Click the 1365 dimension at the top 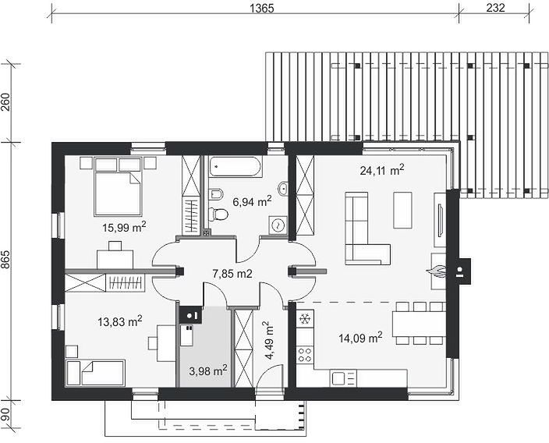coord(262,8)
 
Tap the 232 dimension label coord(495,8)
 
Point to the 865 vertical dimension coord(7,260)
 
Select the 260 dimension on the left coord(7,102)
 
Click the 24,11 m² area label coord(382,170)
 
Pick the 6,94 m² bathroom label coord(252,201)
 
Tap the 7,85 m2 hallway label coord(232,274)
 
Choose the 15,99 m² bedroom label coord(124,227)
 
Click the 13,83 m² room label coord(120,321)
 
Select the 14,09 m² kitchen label coord(360,338)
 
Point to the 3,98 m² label coord(208,370)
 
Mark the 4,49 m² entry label coord(269,341)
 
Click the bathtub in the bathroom coord(236,167)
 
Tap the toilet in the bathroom coord(218,214)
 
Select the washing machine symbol coord(278,225)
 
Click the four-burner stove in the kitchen coord(305,354)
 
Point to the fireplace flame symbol coord(436,271)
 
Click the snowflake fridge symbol coord(305,319)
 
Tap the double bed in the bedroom coord(118,186)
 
